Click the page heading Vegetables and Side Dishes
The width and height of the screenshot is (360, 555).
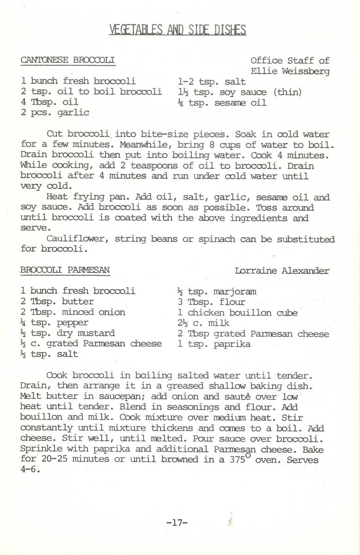[x=178, y=31]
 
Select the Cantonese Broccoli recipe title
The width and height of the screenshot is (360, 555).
[x=67, y=60]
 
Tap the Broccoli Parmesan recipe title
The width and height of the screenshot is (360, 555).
[x=65, y=270]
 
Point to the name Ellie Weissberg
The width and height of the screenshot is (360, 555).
[x=290, y=71]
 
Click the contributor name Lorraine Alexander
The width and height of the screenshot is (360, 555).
[x=282, y=271]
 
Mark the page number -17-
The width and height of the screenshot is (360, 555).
[x=176, y=523]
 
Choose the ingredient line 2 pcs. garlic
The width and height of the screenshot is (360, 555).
[x=55, y=112]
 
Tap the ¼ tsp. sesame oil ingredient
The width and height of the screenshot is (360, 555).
[x=222, y=102]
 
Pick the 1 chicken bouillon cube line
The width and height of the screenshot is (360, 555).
[x=238, y=313]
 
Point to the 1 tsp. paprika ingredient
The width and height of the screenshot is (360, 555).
[x=214, y=344]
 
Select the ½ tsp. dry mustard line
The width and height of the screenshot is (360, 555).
[x=67, y=333]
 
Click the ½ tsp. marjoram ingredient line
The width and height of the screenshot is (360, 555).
[x=216, y=291]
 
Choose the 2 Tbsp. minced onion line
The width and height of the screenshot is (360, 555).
[x=73, y=312]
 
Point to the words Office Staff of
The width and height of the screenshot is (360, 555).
[x=290, y=61]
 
